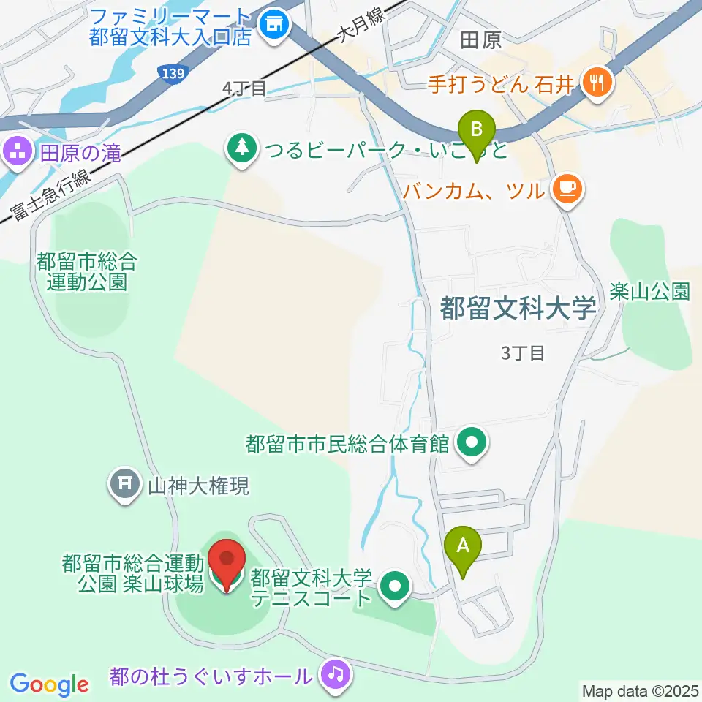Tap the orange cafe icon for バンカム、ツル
[x=567, y=190]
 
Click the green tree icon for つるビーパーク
[x=241, y=151]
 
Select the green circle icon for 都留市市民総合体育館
[x=472, y=442]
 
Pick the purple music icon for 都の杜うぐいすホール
[x=336, y=672]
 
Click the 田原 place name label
[x=481, y=41]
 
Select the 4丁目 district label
[x=244, y=88]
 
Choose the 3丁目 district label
[x=524, y=353]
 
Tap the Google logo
[x=49, y=684]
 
